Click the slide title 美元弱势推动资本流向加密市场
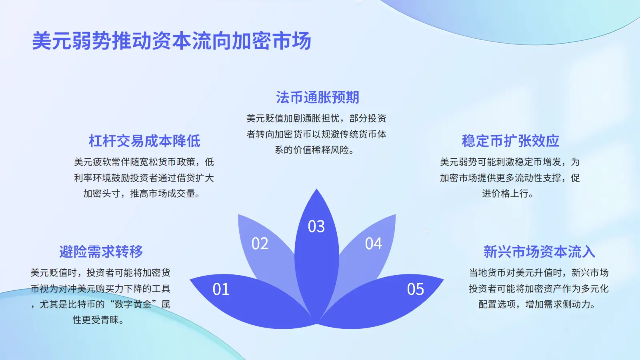tap(172, 40)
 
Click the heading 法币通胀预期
tap(318, 97)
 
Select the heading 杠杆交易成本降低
tap(144, 141)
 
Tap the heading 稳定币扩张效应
tap(510, 141)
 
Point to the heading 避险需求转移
tap(101, 252)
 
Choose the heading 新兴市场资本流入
tap(539, 252)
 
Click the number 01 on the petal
tap(221, 289)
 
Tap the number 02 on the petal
tap(260, 244)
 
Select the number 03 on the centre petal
tap(316, 226)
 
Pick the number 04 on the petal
tap(374, 244)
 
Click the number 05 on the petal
tap(416, 289)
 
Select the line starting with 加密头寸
tap(141, 194)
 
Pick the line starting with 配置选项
tap(536, 304)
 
